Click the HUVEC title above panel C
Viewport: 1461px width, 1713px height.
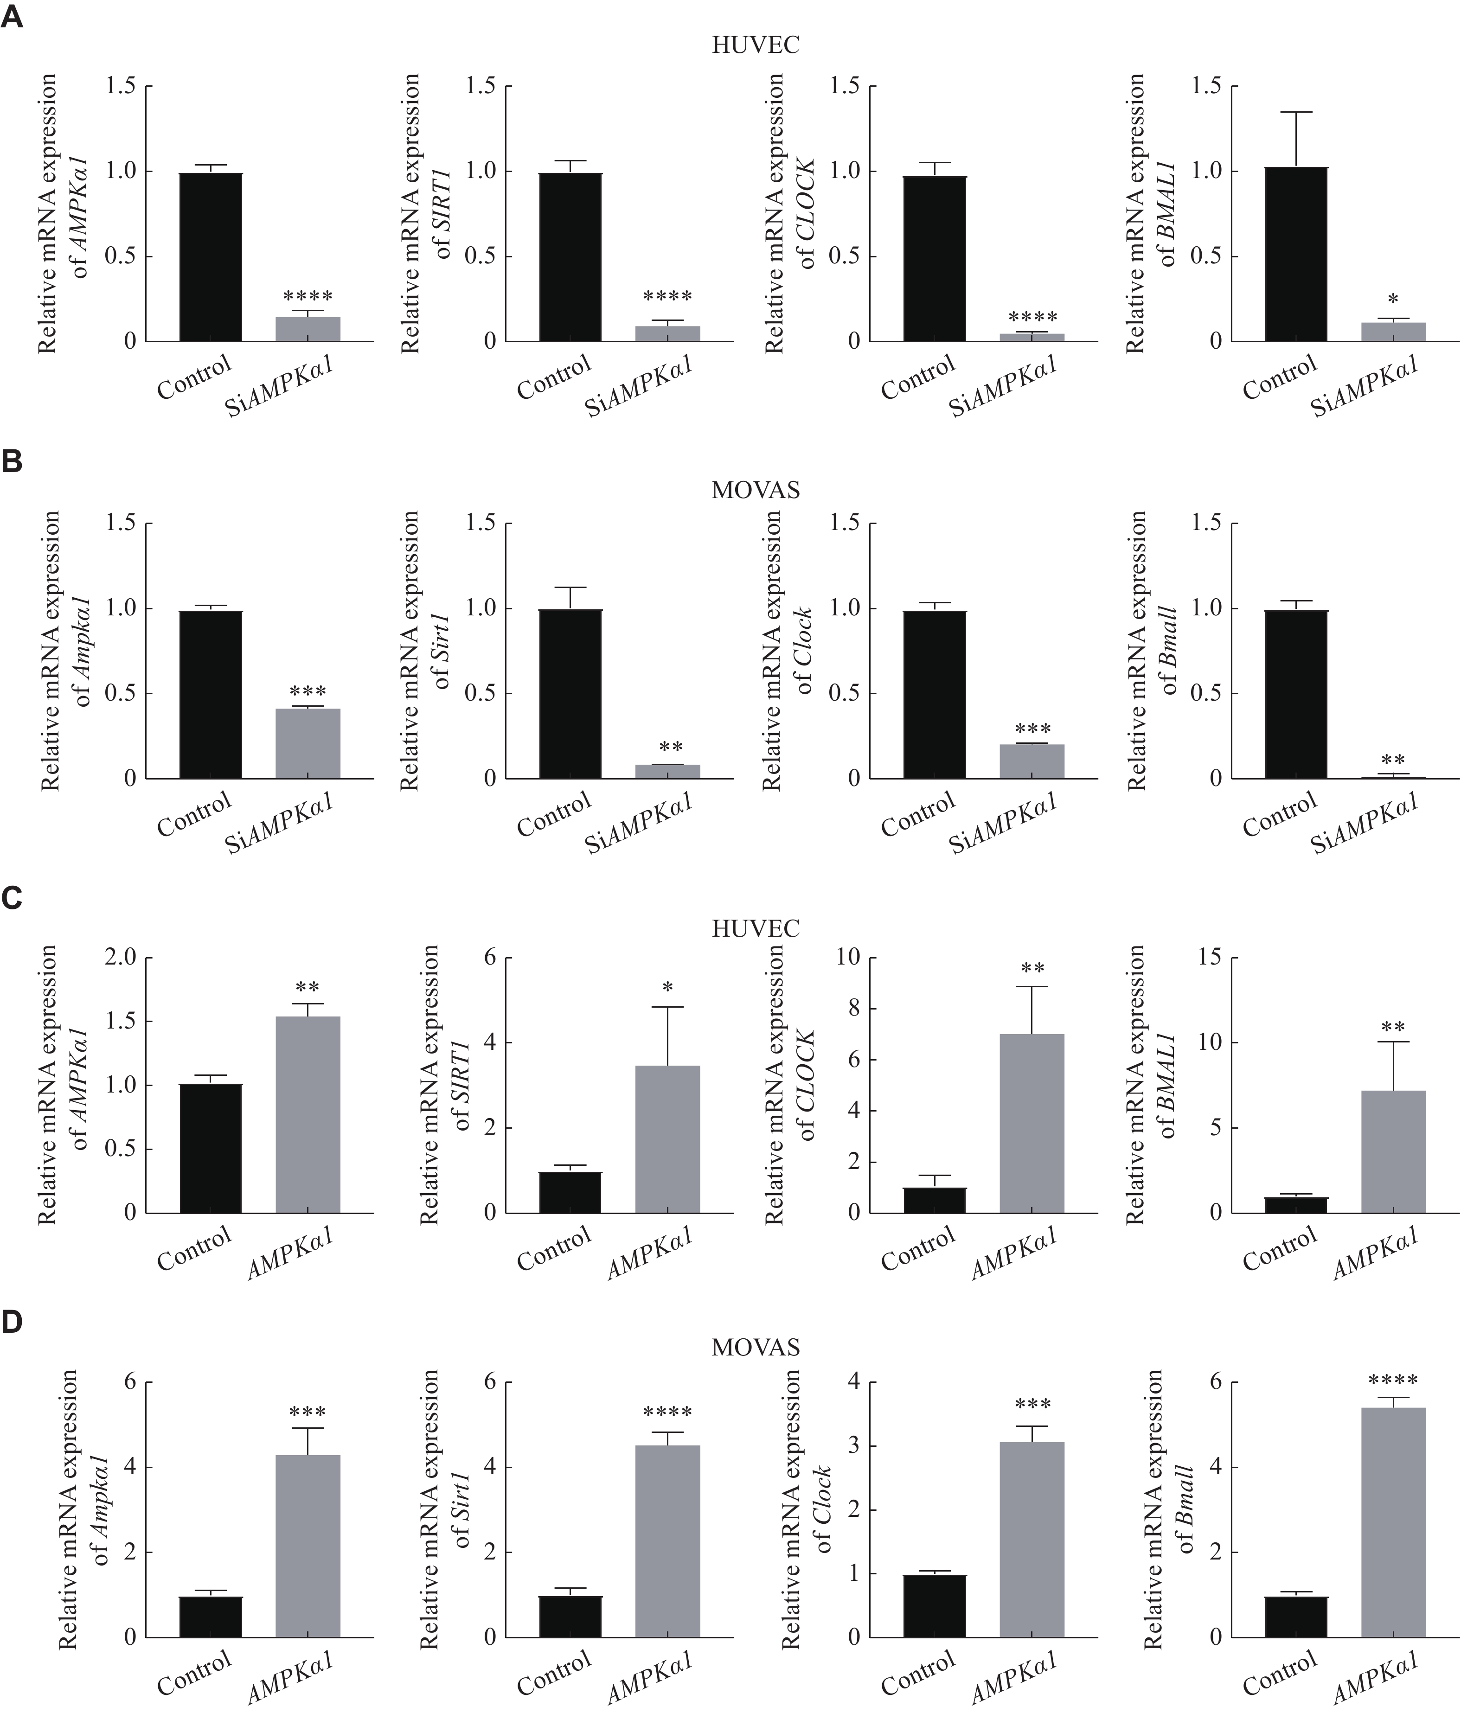755,928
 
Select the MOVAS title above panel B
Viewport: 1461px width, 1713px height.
755,490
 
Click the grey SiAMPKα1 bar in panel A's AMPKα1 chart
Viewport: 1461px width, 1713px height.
308,329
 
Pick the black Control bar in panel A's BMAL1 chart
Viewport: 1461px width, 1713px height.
1296,254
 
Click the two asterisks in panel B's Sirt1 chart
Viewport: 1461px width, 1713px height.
671,748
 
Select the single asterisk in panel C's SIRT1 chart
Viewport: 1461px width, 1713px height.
668,988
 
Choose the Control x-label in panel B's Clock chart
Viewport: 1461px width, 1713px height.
919,814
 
